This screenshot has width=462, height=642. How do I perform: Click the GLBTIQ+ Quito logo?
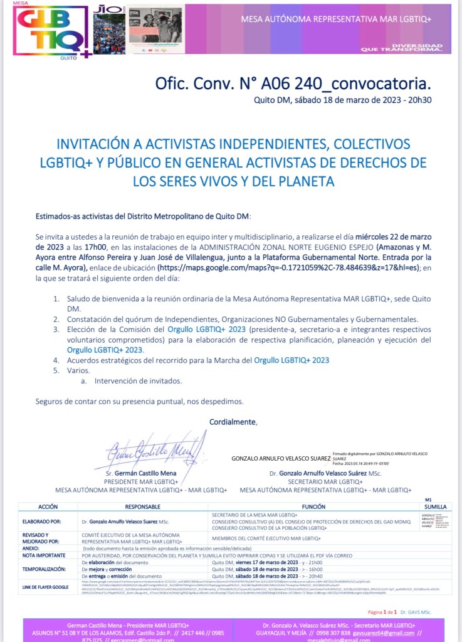point(50,31)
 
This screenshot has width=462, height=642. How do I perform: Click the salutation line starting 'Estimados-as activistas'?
point(143,216)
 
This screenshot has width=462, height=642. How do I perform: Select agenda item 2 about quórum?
point(242,319)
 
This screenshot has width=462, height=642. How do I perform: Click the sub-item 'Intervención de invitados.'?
point(138,381)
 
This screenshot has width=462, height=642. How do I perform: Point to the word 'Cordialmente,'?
point(233,422)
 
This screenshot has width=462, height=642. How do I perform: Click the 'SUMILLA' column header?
point(436,506)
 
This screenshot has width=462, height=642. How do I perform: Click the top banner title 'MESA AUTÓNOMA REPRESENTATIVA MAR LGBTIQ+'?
point(336,19)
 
